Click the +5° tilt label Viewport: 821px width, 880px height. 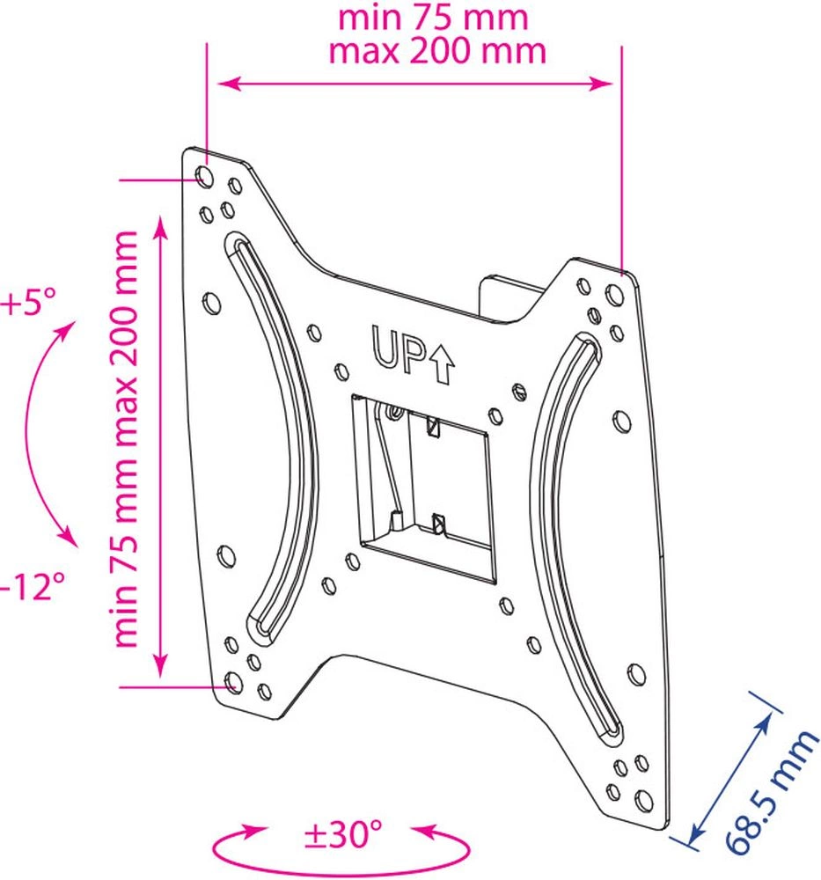(29, 303)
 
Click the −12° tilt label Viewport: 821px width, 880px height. (33, 586)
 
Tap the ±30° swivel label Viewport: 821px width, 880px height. (343, 834)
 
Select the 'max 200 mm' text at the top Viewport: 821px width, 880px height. (437, 51)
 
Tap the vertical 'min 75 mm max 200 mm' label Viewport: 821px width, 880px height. (126, 439)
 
